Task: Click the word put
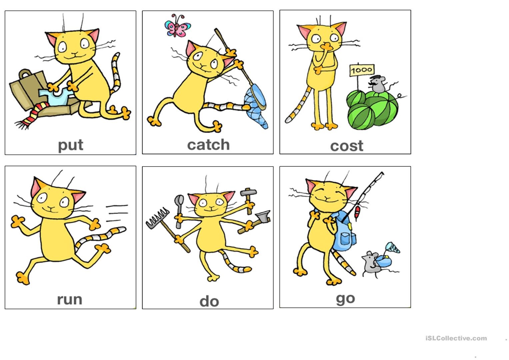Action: pos(70,145)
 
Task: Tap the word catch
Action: pos(208,145)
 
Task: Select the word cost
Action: pos(346,146)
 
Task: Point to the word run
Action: pos(69,299)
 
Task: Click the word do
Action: pos(209,301)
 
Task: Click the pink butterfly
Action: pos(177,26)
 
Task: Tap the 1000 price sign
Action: pos(362,70)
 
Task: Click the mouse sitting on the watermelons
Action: pos(378,84)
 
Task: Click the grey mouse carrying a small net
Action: pos(371,262)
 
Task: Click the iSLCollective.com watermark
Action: pos(456,338)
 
